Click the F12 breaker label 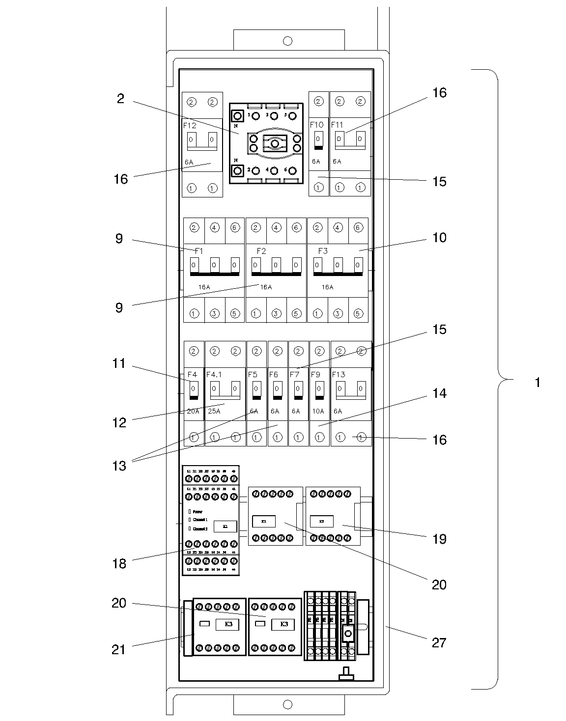tap(190, 125)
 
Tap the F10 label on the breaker tap(316, 125)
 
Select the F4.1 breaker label tap(214, 375)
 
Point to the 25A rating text tap(214, 411)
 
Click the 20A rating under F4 tap(193, 411)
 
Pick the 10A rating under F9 tap(318, 411)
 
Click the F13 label tap(339, 375)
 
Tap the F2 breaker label tap(261, 251)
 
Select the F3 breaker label tap(323, 251)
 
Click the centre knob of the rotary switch tap(275, 143)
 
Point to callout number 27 tap(439, 642)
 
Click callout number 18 tap(119, 564)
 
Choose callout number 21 tap(119, 650)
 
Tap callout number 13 tap(119, 466)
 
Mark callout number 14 tap(439, 393)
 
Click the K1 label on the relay tap(226, 527)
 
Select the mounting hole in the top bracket tap(288, 41)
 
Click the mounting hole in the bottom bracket tap(288, 705)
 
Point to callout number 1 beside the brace tap(538, 382)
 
